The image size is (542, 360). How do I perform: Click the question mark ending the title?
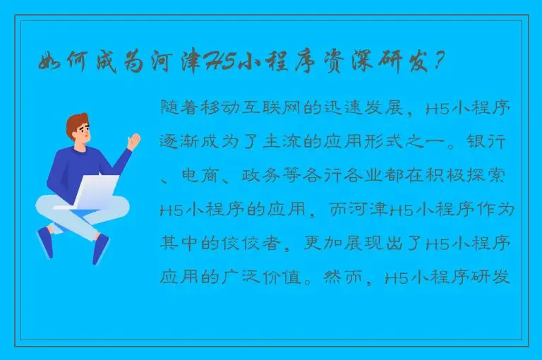[x=440, y=64]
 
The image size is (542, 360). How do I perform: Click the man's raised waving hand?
[x=132, y=140]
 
